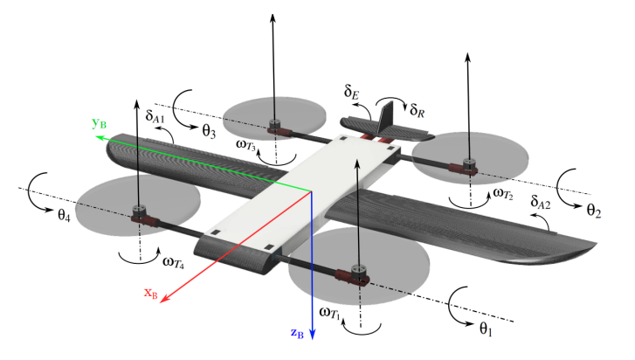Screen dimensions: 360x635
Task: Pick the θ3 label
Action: [209, 131]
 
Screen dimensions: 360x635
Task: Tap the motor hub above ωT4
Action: [138, 211]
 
